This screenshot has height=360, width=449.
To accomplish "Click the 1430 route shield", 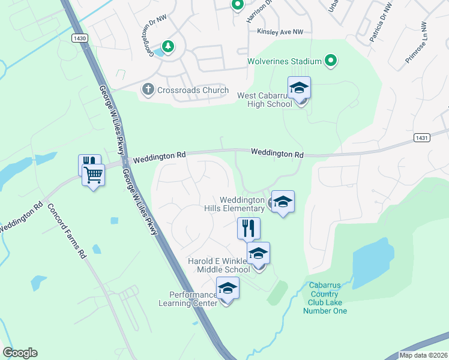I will pos(79,38).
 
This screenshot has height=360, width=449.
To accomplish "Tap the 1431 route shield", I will pos(421,138).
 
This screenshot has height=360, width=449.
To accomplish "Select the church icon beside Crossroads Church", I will pos(148,90).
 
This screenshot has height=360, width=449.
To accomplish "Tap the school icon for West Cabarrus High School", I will pos(299,88).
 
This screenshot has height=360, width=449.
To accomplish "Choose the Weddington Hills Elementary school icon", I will pos(283,202).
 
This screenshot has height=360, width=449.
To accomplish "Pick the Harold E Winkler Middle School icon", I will pos(258,254).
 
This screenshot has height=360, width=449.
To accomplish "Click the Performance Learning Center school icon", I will pos(228,289).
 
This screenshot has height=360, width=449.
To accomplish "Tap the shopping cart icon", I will pos(93,175).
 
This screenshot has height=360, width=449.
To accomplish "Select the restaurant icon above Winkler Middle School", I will pos(247,228).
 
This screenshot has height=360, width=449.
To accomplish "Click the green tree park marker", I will pos(169,46).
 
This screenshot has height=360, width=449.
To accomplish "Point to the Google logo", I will pos(20,353).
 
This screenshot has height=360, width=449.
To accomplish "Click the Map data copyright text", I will pos(423,355).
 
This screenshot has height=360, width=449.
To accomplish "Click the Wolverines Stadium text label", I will pos(284,61).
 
